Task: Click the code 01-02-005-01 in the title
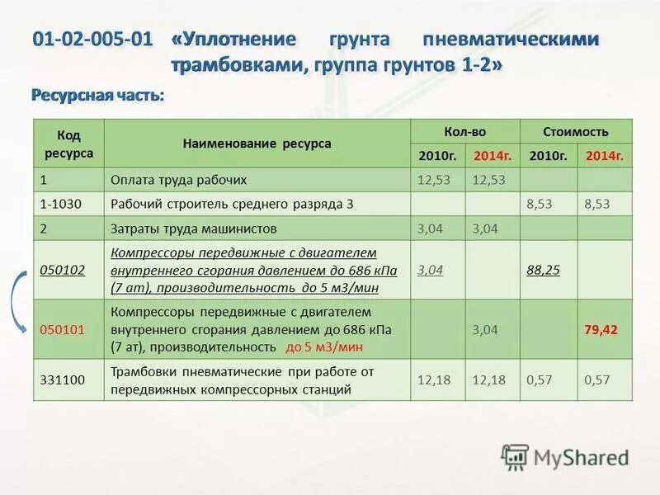[93, 40]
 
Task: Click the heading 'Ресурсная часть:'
[97, 96]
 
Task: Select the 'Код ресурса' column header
[68, 143]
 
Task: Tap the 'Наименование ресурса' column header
[257, 143]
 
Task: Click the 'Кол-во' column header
[465, 131]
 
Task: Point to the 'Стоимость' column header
[576, 131]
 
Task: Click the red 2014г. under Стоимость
[604, 155]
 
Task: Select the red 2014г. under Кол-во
[493, 155]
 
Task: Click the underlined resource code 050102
[63, 270]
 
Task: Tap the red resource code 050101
[63, 329]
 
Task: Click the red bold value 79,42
[601, 329]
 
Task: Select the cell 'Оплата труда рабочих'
[179, 180]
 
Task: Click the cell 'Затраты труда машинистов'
[194, 229]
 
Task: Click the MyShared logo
[564, 458]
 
